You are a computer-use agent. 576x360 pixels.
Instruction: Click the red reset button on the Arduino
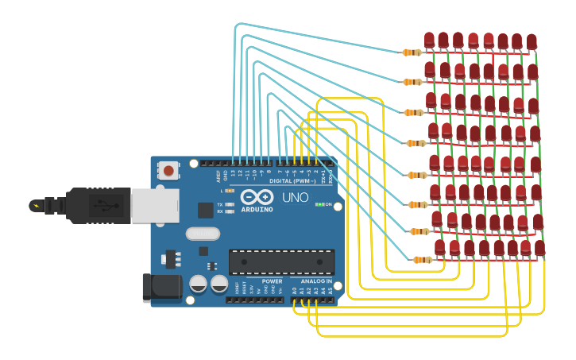pyautogui.click(x=168, y=169)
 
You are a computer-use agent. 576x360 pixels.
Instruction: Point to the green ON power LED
pyautogui.click(x=319, y=204)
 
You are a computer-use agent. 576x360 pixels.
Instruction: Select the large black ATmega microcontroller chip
pyautogui.click(x=281, y=261)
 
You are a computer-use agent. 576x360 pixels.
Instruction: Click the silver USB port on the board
pyautogui.click(x=155, y=205)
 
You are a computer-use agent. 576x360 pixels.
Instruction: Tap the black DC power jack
pyautogui.click(x=161, y=288)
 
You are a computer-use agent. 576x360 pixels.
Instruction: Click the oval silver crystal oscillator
pyautogui.click(x=203, y=234)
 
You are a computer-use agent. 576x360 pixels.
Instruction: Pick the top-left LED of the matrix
pyautogui.click(x=430, y=41)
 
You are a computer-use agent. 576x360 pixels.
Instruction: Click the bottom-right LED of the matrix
pyautogui.click(x=539, y=249)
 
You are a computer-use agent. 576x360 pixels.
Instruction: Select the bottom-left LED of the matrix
pyautogui.click(x=440, y=249)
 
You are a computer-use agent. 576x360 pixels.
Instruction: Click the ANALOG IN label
pyautogui.click(x=315, y=281)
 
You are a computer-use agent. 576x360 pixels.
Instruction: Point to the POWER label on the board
pyautogui.click(x=272, y=281)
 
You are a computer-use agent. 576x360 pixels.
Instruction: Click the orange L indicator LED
pyautogui.click(x=230, y=191)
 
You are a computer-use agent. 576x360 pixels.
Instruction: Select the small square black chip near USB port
pyautogui.click(x=206, y=210)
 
